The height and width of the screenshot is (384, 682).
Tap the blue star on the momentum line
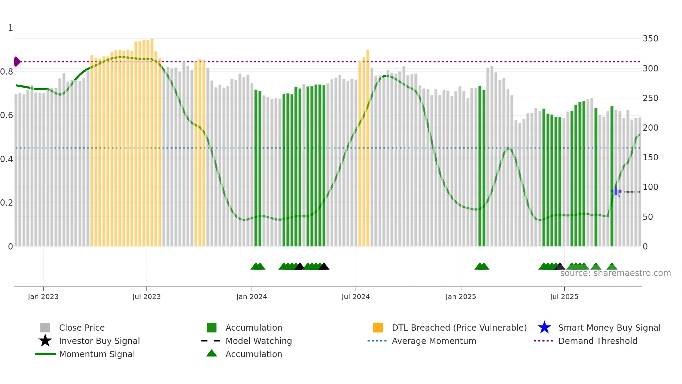616,191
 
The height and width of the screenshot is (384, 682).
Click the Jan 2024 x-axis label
252,297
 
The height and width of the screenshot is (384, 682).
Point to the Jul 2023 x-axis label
146,297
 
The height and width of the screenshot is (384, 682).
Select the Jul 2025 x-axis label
564,297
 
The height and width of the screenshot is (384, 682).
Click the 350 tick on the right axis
650,39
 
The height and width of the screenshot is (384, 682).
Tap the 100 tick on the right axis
650,187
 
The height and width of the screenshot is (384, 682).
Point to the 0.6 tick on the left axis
7,115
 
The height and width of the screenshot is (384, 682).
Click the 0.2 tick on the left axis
7,203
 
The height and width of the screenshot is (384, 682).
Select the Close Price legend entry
82,328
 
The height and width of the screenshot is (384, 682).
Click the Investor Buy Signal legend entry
99,341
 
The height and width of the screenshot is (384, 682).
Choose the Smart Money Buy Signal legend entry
609,328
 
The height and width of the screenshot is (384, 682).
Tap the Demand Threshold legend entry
597,341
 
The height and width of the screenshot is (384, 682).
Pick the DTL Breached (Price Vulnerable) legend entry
459,328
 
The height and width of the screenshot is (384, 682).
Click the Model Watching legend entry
259,341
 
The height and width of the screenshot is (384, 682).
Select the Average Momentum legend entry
434,341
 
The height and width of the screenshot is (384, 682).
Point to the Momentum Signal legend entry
97,354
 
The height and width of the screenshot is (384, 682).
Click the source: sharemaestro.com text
615,273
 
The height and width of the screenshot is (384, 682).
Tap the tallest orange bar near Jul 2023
152,139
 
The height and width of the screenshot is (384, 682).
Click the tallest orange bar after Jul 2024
368,146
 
